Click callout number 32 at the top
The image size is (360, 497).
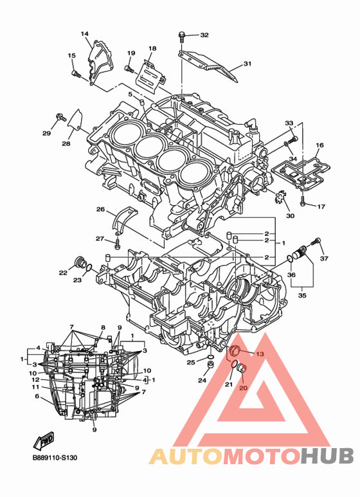(204, 35)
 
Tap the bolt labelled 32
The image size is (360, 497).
(181, 37)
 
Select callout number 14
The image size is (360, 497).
(85, 33)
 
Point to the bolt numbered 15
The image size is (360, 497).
(76, 74)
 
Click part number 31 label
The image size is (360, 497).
(248, 64)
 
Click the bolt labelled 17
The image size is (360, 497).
(302, 201)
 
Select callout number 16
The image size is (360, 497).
(319, 145)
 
